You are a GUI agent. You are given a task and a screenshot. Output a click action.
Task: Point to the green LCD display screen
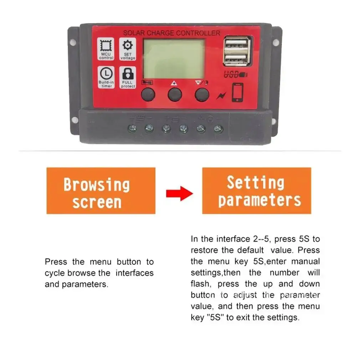[174, 59]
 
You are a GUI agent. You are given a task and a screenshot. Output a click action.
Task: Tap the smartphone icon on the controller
[237, 93]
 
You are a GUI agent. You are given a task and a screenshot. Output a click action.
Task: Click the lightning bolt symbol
[221, 96]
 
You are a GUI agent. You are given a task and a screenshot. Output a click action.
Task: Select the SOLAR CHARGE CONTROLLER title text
[171, 33]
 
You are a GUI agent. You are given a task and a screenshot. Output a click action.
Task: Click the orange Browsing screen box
[101, 191]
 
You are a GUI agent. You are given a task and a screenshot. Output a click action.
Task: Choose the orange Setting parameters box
[257, 191]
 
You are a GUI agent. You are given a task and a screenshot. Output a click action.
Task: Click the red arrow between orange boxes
[179, 193]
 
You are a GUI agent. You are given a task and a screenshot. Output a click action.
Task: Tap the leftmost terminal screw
[133, 128]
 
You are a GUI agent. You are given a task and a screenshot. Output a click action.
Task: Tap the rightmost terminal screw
[218, 128]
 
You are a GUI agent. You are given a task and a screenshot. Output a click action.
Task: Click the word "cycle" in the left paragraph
[55, 273]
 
